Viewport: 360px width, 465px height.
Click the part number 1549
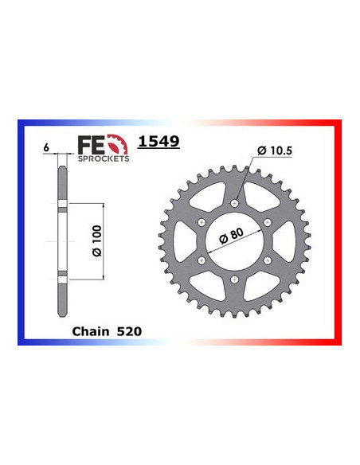[158, 143]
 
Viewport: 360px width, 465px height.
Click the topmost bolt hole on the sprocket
[235, 203]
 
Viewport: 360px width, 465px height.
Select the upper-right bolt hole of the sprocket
[268, 222]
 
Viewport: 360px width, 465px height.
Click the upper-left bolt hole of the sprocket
[202, 222]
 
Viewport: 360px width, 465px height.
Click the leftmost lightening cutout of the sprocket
[185, 242]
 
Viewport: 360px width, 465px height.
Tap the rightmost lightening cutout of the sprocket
[285, 242]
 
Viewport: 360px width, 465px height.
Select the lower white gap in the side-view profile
[61, 275]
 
